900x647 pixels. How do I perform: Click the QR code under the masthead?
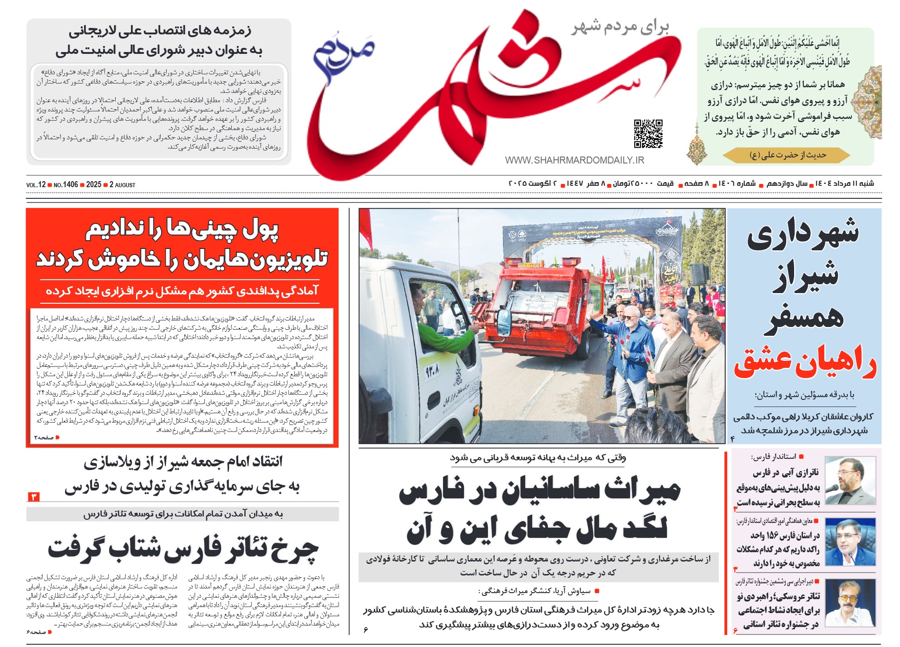(648, 134)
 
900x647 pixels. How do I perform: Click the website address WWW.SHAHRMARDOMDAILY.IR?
(574, 160)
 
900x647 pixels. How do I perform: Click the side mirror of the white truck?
(504, 320)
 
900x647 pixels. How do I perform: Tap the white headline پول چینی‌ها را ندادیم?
(182, 229)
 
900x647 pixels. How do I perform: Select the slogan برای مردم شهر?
(620, 28)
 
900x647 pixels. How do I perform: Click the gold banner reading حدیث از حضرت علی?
(787, 155)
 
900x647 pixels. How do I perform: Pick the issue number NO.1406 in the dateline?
(65, 185)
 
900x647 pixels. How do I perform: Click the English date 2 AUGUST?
(123, 185)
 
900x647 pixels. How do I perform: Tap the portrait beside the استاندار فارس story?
(850, 481)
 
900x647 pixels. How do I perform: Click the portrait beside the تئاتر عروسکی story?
(850, 603)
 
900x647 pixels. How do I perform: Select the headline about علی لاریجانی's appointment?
(159, 41)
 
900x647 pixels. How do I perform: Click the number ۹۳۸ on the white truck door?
(432, 371)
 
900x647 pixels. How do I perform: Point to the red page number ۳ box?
(33, 497)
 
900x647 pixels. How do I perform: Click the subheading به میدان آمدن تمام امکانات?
(183, 514)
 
